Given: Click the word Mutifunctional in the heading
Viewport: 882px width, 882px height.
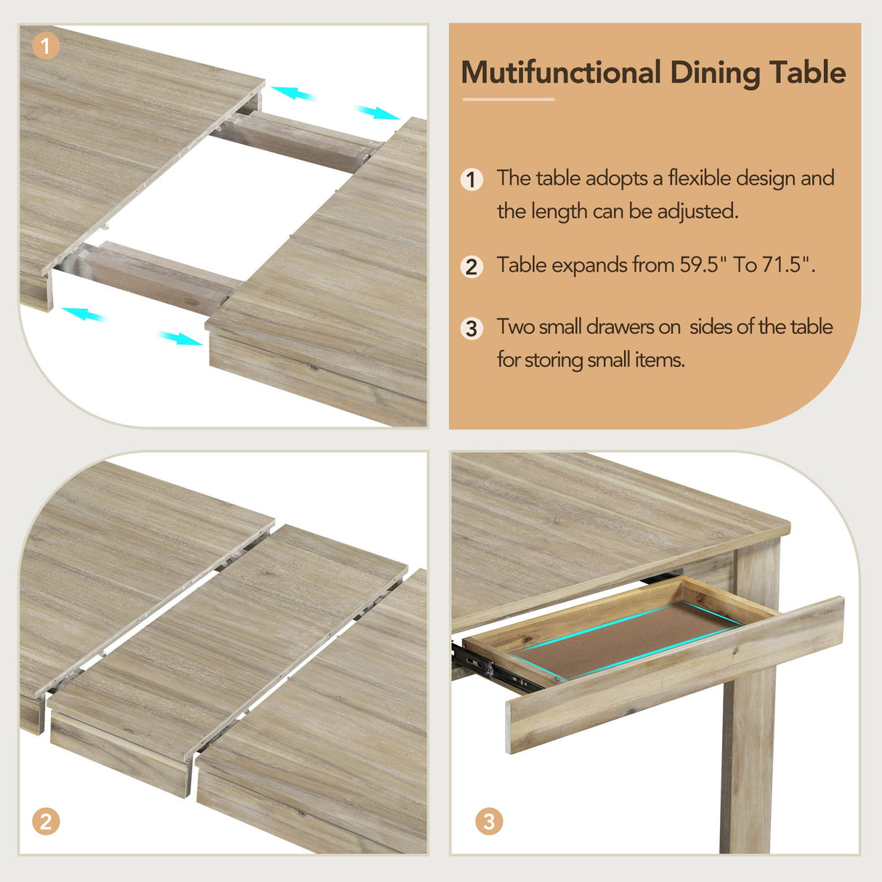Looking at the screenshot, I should [561, 73].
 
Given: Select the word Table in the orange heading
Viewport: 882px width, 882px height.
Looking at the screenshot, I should [807, 73].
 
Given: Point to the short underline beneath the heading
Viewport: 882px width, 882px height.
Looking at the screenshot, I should [508, 100].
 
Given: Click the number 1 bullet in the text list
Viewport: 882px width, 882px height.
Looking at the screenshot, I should [472, 179].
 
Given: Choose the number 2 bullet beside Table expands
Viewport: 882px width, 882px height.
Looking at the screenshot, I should [472, 267].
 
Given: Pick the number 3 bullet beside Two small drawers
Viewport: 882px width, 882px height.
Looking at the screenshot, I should [472, 328].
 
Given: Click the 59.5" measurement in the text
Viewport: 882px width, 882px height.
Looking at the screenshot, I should [704, 265].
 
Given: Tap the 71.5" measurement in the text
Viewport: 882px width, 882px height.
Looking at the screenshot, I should [788, 265].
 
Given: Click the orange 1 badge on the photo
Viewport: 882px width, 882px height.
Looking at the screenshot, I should [46, 46].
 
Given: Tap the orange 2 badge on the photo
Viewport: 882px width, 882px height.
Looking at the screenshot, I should [46, 821].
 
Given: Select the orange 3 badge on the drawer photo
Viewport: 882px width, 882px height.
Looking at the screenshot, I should [489, 821].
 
